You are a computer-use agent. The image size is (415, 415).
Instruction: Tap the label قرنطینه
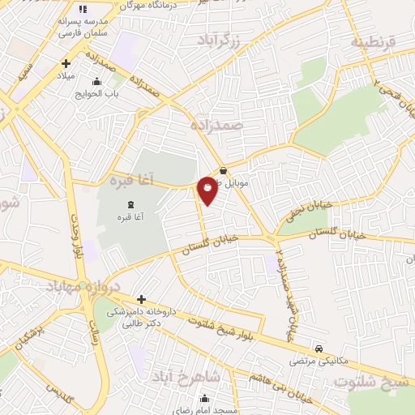tap(373, 42)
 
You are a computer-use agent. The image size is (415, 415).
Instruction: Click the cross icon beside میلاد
tap(66, 63)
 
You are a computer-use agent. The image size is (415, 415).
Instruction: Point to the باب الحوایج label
tap(98, 93)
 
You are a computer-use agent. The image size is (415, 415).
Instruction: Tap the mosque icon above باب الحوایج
tap(98, 81)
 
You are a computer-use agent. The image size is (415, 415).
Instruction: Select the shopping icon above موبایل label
tap(223, 171)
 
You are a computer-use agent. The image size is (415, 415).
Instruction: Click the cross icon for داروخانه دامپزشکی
tap(141, 299)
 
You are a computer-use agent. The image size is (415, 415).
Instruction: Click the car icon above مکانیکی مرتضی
tap(319, 348)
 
